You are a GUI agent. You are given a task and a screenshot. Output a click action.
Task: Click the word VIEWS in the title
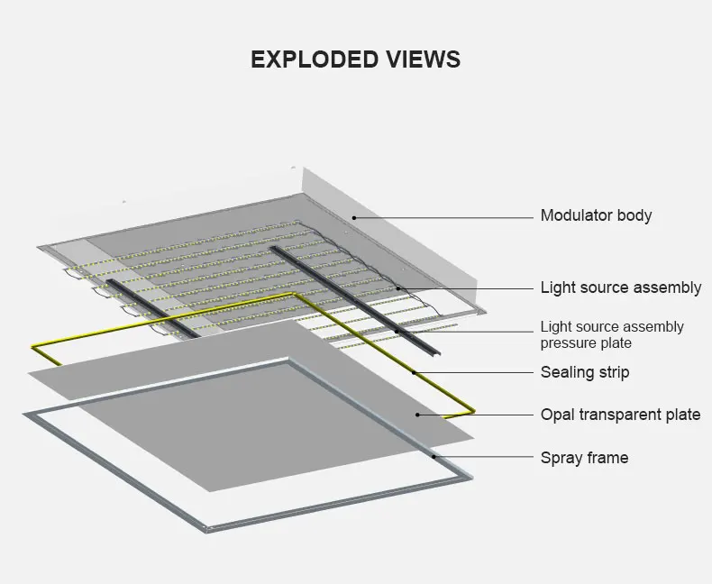[x=423, y=59]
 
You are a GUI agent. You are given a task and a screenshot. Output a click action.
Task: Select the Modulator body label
[x=596, y=215]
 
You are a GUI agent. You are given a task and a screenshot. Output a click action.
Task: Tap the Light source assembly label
[x=620, y=287]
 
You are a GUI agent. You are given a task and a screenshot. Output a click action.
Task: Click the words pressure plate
[x=586, y=343]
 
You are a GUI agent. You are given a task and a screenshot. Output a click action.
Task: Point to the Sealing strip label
[x=584, y=372]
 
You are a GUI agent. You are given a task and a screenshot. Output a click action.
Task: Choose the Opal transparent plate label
[x=620, y=415]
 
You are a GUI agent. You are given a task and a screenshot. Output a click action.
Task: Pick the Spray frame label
[x=584, y=458]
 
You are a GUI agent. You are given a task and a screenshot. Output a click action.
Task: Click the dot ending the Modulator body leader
[x=354, y=217]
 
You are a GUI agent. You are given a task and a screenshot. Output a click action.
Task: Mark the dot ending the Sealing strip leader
[x=414, y=372]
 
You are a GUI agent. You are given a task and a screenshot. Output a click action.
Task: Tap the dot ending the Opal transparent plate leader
[x=417, y=415]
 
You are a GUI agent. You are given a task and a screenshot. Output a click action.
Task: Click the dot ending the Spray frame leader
[x=434, y=458]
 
